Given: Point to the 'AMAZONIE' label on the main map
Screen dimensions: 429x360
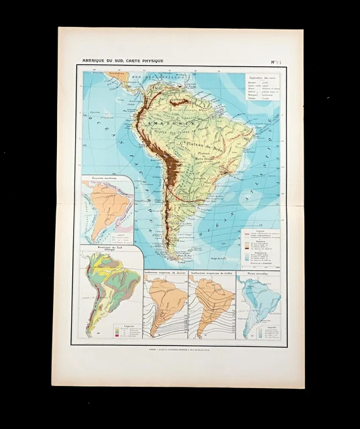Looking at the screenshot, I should (178, 125).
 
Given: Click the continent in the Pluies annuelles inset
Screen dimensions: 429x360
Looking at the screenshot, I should (258, 298).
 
